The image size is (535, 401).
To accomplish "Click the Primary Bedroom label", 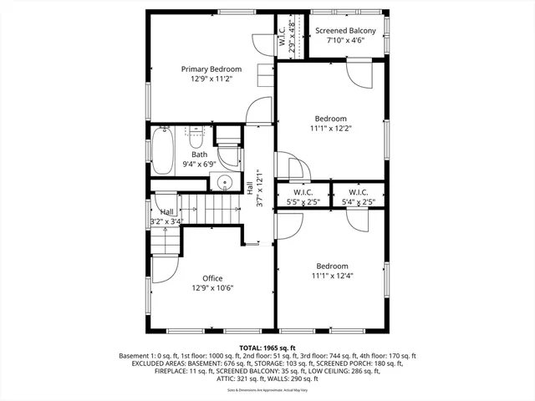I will [x=212, y=69].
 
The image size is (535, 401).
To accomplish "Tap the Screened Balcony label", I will [x=345, y=31].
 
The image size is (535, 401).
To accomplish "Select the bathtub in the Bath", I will [x=162, y=149].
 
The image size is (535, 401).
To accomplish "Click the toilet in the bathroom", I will [x=194, y=136].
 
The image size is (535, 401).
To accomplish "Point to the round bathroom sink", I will [x=224, y=185].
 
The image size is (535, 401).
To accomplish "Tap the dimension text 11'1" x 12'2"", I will [x=330, y=129].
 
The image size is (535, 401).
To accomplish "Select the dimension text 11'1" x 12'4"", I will [x=330, y=276].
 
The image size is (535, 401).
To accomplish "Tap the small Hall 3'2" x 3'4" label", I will [x=167, y=216].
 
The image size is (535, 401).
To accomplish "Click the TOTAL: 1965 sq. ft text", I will [x=267, y=348].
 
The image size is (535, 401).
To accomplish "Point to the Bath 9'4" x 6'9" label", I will [x=199, y=159].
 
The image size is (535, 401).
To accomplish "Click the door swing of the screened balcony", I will [x=360, y=74].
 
